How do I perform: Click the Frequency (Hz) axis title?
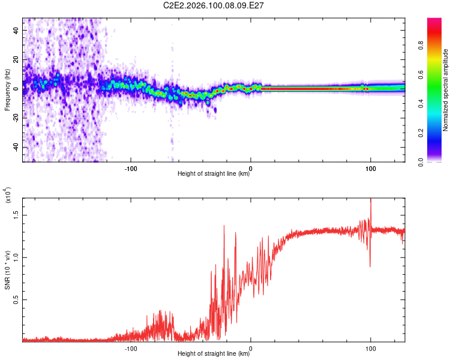(7, 90)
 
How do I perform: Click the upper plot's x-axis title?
(214, 174)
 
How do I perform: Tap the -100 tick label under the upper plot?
(131, 168)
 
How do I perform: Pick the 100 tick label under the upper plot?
(371, 168)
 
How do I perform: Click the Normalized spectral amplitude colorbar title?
(445, 90)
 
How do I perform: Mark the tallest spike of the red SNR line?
(371, 199)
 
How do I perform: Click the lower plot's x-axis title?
(214, 354)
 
